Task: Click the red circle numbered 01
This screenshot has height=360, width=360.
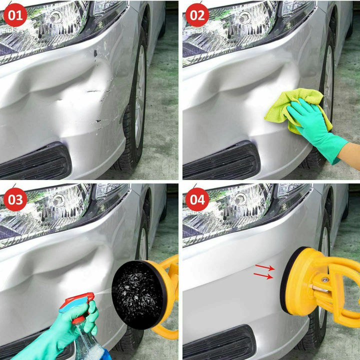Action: click(15, 15)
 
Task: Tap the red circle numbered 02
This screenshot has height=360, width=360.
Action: click(197, 15)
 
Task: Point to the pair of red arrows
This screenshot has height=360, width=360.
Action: click(264, 271)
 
